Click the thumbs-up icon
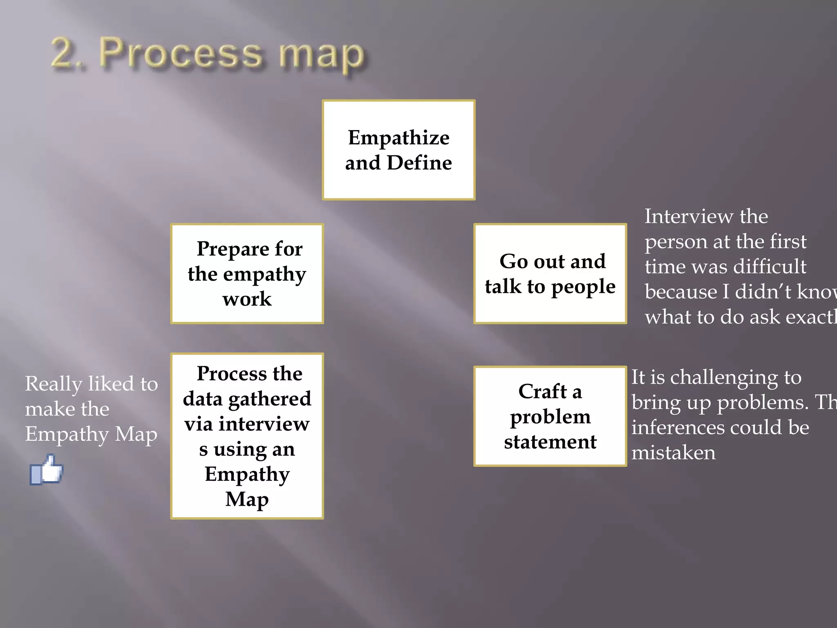click(x=47, y=470)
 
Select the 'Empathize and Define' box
click(x=398, y=150)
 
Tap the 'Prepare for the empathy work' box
click(x=247, y=274)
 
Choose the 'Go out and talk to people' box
click(x=550, y=274)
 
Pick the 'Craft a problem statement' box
click(x=550, y=416)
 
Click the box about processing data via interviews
click(x=247, y=436)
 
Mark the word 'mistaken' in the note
click(x=674, y=453)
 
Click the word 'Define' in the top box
click(x=419, y=163)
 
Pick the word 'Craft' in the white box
click(x=542, y=391)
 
